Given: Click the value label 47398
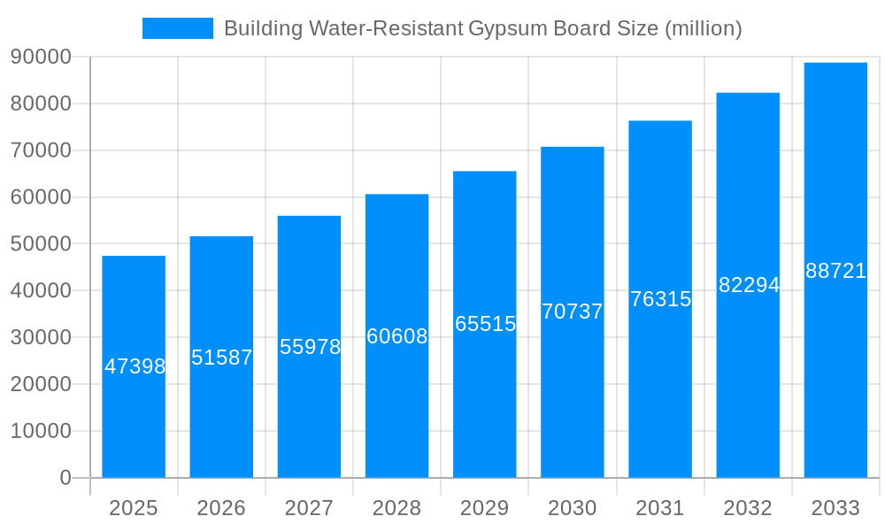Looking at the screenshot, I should coord(135,366).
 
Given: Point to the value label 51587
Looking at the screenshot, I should coord(222,358).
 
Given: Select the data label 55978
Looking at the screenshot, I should coord(310,347).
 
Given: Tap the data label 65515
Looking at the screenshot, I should coord(485,324).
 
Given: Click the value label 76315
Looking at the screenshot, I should coord(660,299).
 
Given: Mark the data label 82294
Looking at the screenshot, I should coord(749,285).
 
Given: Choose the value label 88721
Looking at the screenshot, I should coord(835,271).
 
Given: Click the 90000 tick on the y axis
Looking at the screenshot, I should coord(41,57).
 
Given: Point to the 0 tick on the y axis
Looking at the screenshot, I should coord(65,478).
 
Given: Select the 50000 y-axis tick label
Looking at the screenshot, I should coord(41,244).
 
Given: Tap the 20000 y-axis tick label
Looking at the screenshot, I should coord(41,384).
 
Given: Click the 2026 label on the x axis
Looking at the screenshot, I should coord(221,508).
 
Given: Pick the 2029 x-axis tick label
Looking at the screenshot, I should coord(485,508).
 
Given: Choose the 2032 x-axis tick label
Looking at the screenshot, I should coord(748,508).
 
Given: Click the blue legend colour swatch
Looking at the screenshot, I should coord(178,28).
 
